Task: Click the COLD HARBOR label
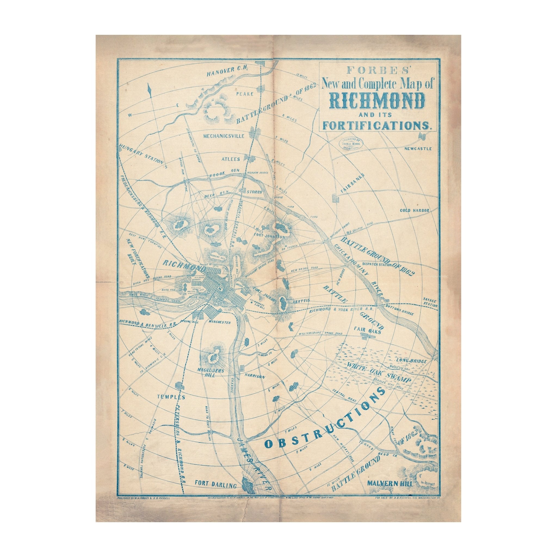click(x=414, y=210)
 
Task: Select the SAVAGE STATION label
click(x=430, y=302)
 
